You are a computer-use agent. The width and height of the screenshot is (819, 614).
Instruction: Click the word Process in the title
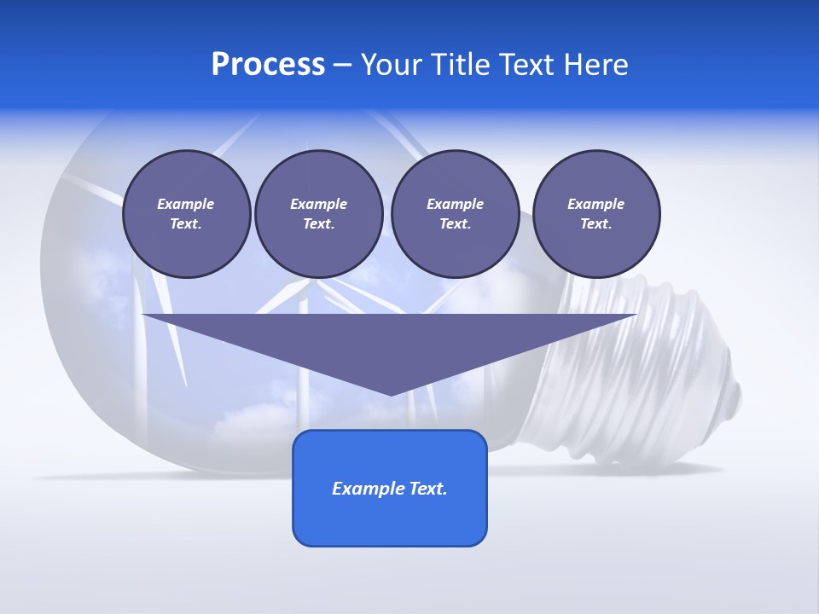268,65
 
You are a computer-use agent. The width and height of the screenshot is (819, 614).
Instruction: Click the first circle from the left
186,213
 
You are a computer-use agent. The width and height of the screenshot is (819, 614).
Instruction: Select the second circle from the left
318,213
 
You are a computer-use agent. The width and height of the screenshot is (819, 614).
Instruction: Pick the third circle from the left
455,213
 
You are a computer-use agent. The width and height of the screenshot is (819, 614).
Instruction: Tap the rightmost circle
595,213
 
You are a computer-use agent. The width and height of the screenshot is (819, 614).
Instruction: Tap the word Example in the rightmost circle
595,204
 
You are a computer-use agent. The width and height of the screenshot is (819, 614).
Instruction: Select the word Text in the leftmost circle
185,224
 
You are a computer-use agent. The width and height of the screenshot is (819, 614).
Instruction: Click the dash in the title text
342,66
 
